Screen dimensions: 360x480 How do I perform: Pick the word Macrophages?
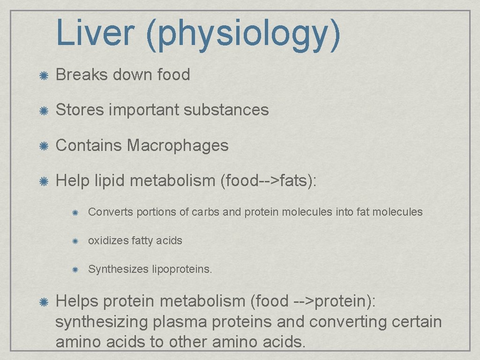tap(178, 145)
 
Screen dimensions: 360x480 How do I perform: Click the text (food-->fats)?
tap(268, 180)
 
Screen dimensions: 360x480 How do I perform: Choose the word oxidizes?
tap(108, 240)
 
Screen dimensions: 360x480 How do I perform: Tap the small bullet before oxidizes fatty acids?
tap(75, 241)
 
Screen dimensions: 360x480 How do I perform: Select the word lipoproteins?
tap(182, 270)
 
